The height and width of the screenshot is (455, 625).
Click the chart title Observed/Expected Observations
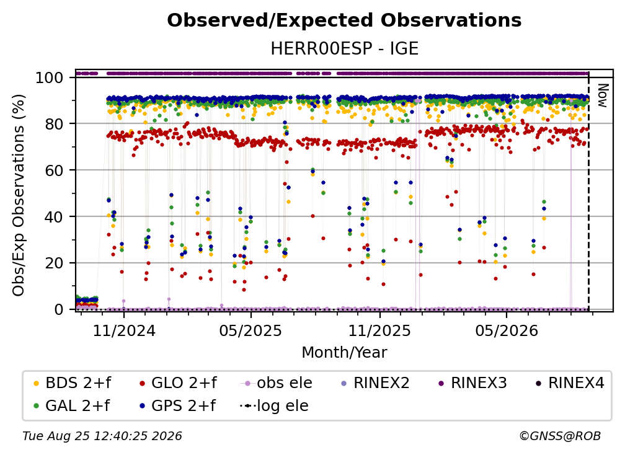point(344,20)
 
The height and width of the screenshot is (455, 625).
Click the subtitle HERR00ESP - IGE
point(344,48)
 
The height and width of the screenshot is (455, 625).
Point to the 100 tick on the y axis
point(49,77)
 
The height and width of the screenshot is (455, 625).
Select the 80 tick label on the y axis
point(54,124)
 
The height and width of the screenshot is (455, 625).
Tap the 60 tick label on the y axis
point(54,170)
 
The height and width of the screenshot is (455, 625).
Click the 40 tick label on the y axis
point(54,217)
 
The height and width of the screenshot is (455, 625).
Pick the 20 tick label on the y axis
point(54,263)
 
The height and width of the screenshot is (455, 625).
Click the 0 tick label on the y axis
point(58,309)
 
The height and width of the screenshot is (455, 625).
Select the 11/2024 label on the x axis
point(124,330)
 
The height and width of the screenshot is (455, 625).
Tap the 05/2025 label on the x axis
point(250,330)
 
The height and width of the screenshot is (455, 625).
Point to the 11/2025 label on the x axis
point(379,330)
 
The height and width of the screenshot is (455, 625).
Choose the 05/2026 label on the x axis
point(506,330)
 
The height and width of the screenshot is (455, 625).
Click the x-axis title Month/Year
point(344,352)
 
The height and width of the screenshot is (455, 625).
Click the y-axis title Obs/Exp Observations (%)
point(19,195)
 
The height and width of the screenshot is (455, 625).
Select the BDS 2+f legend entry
point(72,383)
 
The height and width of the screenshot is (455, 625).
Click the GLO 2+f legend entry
point(178,383)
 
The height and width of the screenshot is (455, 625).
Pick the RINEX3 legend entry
point(472,383)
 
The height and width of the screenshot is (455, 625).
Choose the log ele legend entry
point(274,406)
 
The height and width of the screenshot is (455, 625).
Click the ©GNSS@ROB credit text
point(560,436)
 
